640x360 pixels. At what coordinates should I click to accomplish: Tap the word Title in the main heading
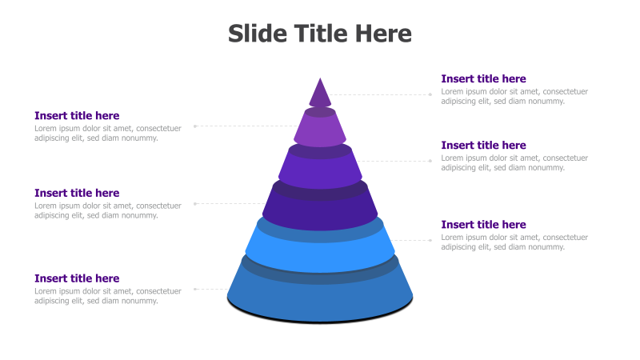pos(320,34)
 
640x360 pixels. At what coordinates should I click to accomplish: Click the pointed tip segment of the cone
pos(320,94)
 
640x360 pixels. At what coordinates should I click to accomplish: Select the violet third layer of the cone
pos(320,171)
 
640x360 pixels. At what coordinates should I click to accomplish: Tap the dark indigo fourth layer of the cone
pos(320,212)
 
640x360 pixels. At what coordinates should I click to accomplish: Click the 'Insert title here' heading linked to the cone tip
pos(483,78)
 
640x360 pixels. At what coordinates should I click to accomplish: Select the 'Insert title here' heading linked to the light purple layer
pos(77,115)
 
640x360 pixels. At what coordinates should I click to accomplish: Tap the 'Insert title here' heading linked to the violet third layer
pos(483,145)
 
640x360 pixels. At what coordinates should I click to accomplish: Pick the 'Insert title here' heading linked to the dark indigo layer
pos(77,193)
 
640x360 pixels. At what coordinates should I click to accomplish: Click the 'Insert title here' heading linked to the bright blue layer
pos(483,224)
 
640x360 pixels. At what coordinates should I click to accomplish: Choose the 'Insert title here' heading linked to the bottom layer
pos(77,278)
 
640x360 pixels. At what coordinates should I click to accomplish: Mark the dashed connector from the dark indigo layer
pos(232,203)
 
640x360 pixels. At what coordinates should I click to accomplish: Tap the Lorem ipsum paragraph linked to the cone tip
pos(514,96)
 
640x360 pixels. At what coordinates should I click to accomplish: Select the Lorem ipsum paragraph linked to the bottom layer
pos(108,296)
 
